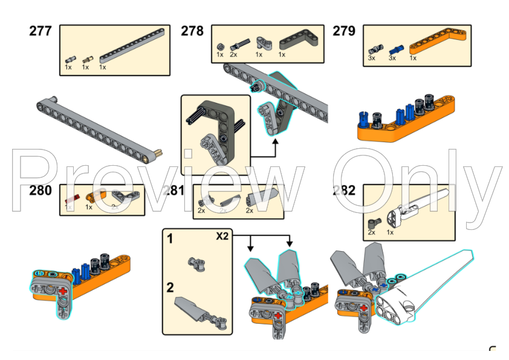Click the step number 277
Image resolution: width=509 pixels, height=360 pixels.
41,31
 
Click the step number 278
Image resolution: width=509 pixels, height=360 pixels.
192,31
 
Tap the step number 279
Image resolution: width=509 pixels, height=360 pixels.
344,31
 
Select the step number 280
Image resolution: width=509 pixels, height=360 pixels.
41,191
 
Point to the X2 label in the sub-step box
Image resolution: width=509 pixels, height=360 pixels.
222,237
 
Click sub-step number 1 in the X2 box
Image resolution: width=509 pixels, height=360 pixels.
170,239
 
